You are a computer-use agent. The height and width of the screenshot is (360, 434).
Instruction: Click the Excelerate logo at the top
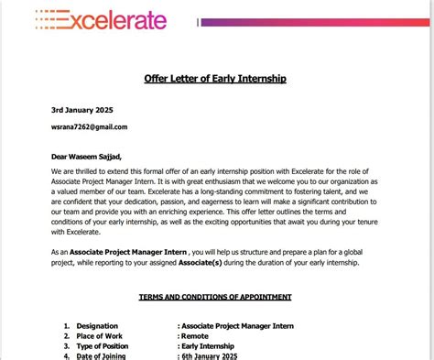[101, 20]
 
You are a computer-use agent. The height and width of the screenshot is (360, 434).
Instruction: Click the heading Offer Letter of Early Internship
[215, 79]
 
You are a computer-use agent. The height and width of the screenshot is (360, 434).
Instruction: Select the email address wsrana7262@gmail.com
[89, 126]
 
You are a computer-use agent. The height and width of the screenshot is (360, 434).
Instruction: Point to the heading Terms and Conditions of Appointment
[215, 298]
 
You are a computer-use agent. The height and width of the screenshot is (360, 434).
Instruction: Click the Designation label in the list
[97, 325]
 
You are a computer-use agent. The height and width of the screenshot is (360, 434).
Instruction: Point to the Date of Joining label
[102, 355]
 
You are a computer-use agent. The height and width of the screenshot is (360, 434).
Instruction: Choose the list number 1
[66, 325]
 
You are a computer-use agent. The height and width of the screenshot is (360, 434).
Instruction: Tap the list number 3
[66, 345]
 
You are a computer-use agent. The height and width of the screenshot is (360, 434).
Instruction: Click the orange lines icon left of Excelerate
[47, 18]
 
